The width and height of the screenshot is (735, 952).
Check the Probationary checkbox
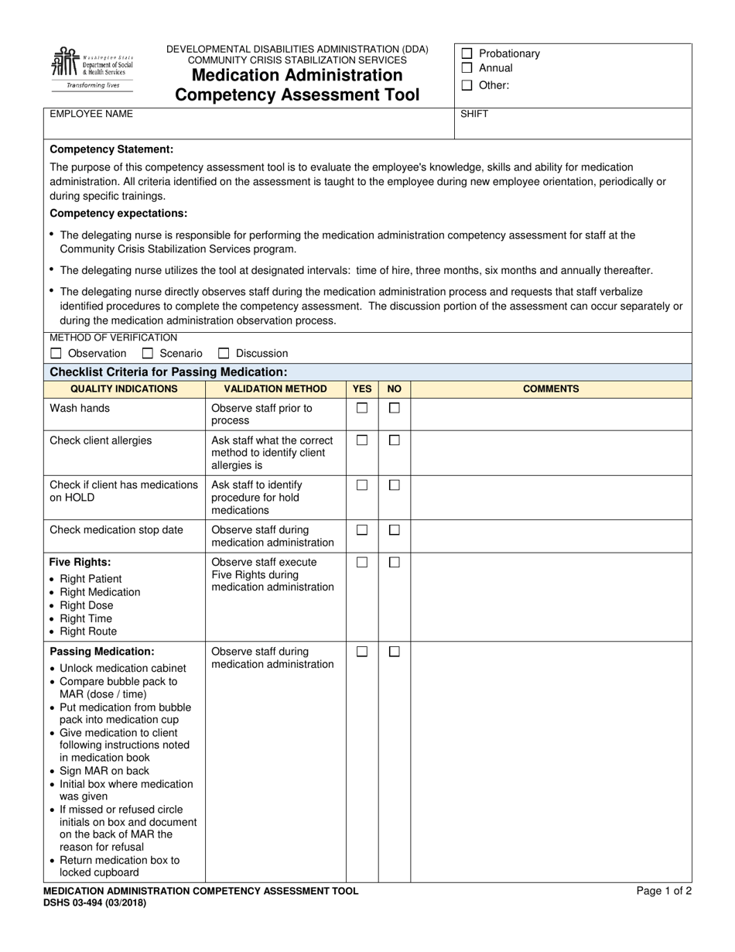(x=467, y=53)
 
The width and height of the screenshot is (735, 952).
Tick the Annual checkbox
(x=467, y=68)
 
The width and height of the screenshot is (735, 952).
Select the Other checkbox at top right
(x=467, y=85)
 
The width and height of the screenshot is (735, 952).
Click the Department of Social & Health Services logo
(x=92, y=67)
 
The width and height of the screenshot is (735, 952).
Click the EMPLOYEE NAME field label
(x=91, y=114)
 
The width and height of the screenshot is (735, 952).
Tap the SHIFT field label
(x=474, y=114)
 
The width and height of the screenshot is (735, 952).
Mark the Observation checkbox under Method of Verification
(x=56, y=353)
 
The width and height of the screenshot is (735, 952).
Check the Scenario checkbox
(x=148, y=353)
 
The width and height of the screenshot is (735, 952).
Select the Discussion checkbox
(x=224, y=353)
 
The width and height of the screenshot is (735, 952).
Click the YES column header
(x=362, y=389)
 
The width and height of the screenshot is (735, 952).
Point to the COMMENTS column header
(x=551, y=389)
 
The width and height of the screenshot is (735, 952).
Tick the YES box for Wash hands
(x=362, y=408)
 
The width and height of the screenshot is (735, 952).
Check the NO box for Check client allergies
(x=394, y=440)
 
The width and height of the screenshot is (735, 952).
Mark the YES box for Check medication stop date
(x=362, y=530)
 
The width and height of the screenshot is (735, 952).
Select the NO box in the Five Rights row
(x=394, y=562)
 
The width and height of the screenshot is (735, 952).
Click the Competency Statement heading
(x=111, y=149)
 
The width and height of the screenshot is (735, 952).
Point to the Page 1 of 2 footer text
(x=664, y=891)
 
